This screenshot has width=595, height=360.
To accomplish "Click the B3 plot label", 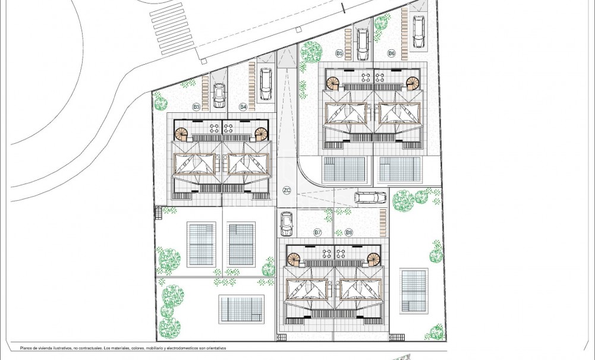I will pos(196,106).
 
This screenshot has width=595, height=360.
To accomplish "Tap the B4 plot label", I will pos(243,106).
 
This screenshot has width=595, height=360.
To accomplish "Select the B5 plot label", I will pos(339,53).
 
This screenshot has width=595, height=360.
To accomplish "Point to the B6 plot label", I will pos(391,53).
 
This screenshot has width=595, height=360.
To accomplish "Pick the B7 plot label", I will pos(317,232).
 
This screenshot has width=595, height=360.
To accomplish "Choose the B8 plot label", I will pos(349,232).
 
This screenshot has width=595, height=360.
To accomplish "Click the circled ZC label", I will pos(287,191).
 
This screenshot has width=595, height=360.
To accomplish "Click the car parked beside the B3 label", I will pos(219,95).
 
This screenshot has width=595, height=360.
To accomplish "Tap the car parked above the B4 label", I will pos(266,84).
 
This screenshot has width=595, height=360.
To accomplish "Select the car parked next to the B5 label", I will pos(362,45).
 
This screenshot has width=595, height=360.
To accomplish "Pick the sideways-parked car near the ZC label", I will pos(370,197).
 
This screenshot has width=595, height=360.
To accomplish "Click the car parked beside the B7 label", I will pos(287,223).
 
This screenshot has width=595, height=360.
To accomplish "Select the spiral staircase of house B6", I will pos(413,83).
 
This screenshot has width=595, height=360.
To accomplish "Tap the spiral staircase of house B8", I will pos(372,259).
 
